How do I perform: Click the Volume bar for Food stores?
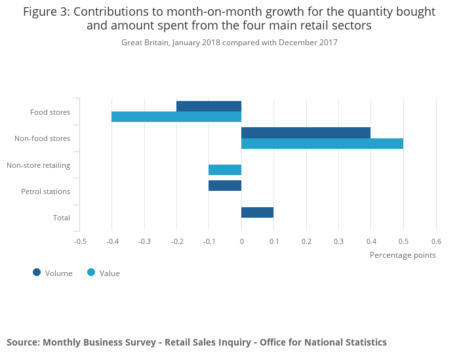209,106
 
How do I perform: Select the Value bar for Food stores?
176,117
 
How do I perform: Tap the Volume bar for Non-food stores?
306,132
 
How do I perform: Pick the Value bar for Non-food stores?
322,144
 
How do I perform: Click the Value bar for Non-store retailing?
225,170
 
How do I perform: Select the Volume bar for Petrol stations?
225,186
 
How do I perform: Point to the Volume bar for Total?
257,212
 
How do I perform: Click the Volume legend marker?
37,272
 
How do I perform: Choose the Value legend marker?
91,272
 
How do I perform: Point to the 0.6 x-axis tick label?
436,241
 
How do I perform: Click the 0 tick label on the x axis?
241,241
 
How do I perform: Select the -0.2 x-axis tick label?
176,241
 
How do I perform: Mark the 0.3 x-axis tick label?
338,241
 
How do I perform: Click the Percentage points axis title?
403,254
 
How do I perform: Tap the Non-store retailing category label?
38,165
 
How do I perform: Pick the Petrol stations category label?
45,191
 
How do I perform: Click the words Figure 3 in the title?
46,12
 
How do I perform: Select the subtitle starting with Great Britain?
229,43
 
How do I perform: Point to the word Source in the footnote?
22,342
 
